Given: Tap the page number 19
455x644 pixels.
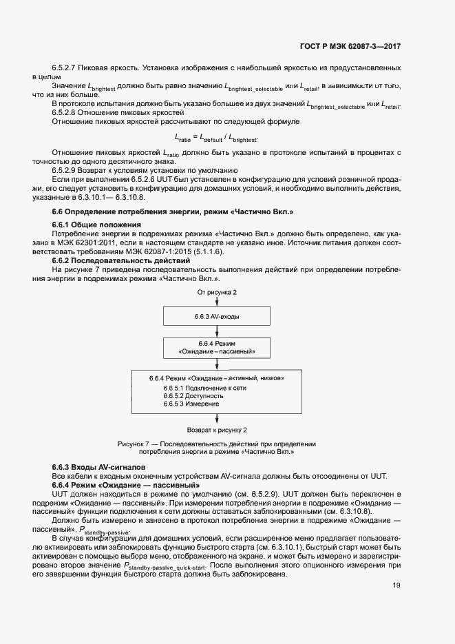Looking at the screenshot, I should pos(396,585).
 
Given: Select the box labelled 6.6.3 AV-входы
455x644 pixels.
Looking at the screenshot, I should pos(217,315).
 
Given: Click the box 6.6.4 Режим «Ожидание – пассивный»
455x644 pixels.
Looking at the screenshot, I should pos(217,347).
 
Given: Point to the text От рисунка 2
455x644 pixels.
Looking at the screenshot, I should pos(217,293).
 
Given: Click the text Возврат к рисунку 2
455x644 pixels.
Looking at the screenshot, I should pos(217,430).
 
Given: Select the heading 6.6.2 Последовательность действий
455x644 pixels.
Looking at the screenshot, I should pos(111,261).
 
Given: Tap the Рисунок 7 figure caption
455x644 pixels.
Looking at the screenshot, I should pos(216,448).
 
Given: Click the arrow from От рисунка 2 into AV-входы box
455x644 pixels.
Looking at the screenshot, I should pos(217,301).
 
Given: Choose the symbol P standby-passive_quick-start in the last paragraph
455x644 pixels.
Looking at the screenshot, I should pos(167,565).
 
